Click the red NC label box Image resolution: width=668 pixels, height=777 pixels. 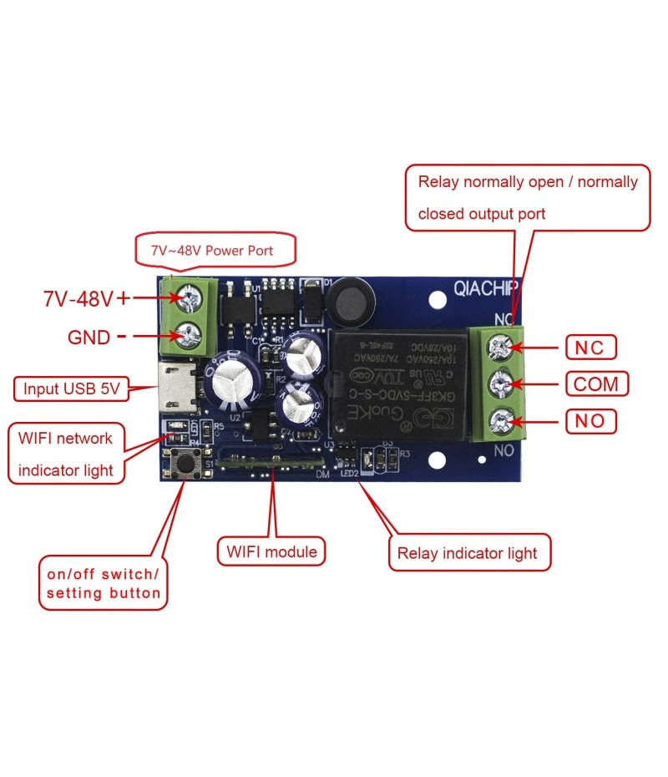click(591, 346)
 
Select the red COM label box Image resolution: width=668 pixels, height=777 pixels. click(595, 383)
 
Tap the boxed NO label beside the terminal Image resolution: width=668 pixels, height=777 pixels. click(591, 420)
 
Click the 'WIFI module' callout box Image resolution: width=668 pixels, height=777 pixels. click(271, 551)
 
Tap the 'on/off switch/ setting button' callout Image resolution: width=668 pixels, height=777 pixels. click(102, 584)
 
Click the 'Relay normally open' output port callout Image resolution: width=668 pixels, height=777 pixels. click(528, 197)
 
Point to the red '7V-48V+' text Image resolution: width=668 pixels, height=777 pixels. click(87, 298)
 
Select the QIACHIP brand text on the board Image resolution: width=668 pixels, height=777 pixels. click(486, 288)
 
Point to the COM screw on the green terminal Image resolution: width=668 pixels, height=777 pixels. click(500, 383)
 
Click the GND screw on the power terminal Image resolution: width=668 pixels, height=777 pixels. click(190, 336)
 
